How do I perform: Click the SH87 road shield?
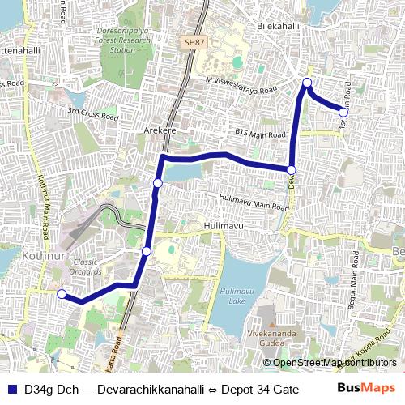click(x=194, y=41)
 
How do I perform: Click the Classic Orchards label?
click(x=85, y=267)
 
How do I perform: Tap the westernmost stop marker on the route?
click(x=62, y=294)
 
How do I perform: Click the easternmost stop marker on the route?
click(x=343, y=113)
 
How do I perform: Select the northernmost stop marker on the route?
click(x=308, y=83)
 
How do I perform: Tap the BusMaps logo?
click(x=366, y=389)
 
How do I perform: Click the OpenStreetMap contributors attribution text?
click(x=332, y=362)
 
